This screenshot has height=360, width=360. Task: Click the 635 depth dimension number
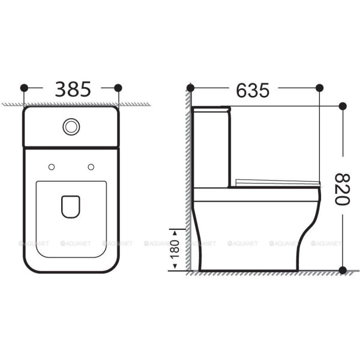pyautogui.click(x=252, y=90)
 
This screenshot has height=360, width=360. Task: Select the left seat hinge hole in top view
pyautogui.click(x=52, y=166)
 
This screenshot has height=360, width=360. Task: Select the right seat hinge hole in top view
pyautogui.click(x=91, y=166)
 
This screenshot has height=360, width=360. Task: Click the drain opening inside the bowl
pyautogui.click(x=71, y=206)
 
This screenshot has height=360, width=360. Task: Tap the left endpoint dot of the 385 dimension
pyautogui.click(x=25, y=88)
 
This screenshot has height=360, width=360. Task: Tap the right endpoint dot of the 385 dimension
pyautogui.click(x=118, y=88)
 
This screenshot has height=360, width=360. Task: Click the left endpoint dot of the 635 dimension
pyautogui.click(x=190, y=88)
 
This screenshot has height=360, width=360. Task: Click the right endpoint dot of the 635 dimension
pyautogui.click(x=319, y=88)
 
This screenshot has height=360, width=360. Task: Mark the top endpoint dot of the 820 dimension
pyautogui.click(x=343, y=106)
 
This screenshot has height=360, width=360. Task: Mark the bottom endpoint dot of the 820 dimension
pyautogui.click(x=343, y=270)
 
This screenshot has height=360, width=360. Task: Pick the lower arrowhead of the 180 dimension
pyautogui.click(x=175, y=268)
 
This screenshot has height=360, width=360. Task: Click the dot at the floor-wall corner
pyautogui.click(x=190, y=271)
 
